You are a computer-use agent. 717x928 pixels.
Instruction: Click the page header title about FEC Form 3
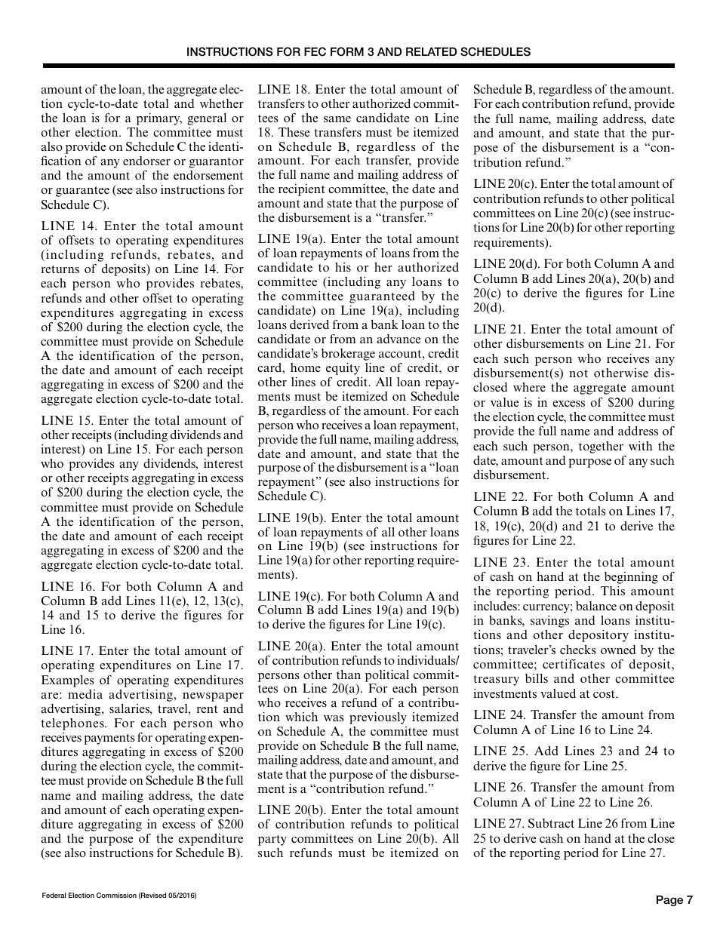pos(358,52)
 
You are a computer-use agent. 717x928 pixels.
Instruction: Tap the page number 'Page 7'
pos(673,899)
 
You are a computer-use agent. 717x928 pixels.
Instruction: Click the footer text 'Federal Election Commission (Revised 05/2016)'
pos(119,895)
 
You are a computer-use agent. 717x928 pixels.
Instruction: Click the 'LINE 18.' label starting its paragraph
pos(284,90)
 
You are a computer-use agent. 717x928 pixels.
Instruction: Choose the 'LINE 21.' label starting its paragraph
pos(499,330)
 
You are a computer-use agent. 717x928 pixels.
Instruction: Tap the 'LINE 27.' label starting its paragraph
pos(499,825)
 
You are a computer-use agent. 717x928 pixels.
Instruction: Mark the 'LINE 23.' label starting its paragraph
pos(500,563)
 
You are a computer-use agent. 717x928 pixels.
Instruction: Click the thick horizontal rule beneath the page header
pos(358,66)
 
